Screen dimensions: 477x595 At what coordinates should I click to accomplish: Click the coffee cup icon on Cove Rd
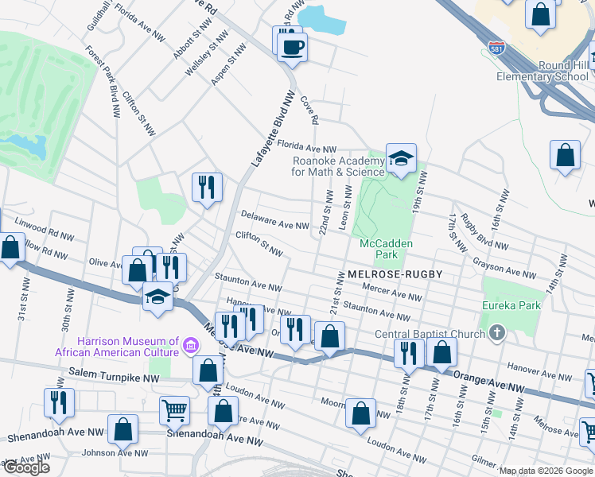tap(292, 46)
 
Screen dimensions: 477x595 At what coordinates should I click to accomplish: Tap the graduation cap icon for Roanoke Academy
tap(401, 158)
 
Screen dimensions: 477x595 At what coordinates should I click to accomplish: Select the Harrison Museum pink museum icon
tap(190, 344)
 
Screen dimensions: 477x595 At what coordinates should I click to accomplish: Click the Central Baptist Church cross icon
tap(497, 332)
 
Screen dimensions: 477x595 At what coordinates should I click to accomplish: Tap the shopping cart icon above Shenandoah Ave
tap(174, 409)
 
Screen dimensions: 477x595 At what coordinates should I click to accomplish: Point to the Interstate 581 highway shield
tap(496, 48)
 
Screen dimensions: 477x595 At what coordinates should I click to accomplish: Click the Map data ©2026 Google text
tap(546, 471)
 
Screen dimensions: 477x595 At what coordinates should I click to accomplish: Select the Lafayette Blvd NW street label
tap(269, 126)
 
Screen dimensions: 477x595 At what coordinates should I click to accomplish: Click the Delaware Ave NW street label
tap(274, 220)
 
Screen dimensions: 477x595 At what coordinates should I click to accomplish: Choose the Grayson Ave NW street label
tap(504, 267)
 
